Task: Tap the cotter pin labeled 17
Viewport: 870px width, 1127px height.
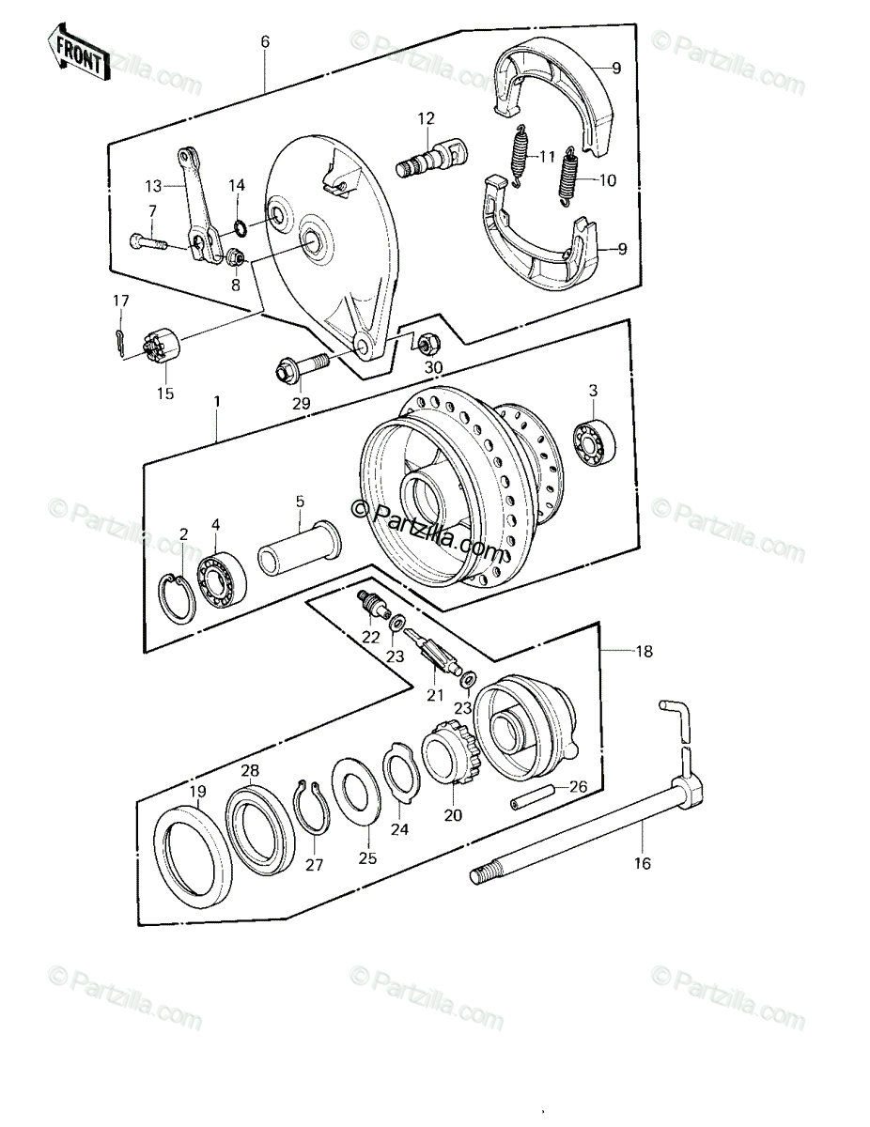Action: pos(120,343)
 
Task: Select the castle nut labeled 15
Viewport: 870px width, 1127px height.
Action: pos(160,347)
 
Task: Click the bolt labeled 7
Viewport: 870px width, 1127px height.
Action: pos(148,241)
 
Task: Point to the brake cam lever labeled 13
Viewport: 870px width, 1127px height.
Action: pos(198,206)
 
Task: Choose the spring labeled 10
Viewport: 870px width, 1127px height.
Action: pos(568,177)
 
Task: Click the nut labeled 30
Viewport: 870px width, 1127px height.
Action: pos(429,343)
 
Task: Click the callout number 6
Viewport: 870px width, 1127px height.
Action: pos(266,41)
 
